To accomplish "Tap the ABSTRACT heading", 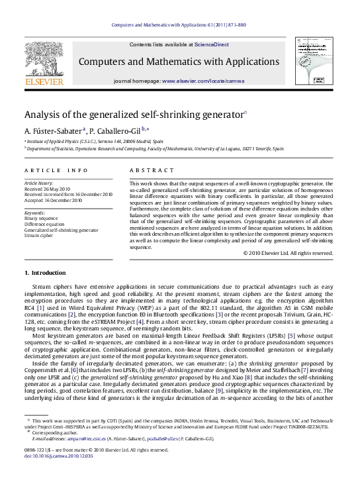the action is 150,170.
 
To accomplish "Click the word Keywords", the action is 35,212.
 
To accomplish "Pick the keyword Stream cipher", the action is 38,235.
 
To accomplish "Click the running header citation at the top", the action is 179,24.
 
